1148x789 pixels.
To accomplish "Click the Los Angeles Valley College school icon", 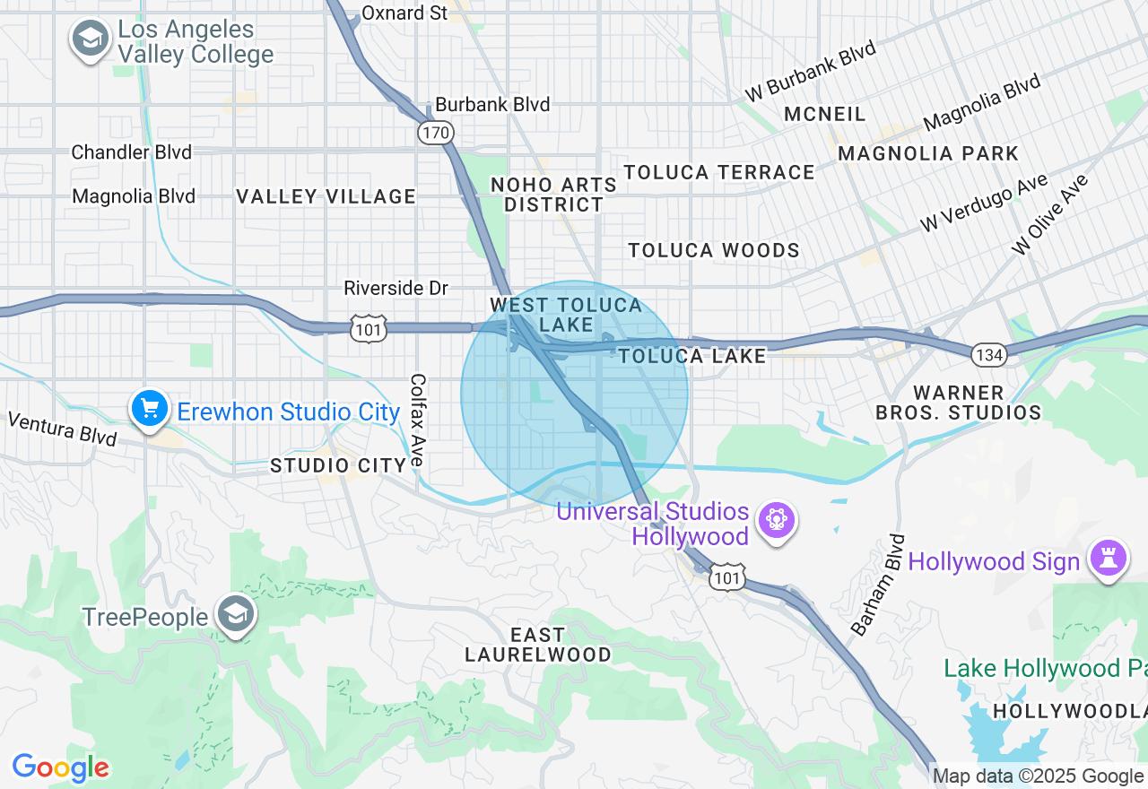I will (90, 39).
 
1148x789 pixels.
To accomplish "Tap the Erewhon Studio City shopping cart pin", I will (150, 409).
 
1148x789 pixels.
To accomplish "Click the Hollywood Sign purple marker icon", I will (1109, 559).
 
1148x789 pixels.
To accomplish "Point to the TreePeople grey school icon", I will (236, 614).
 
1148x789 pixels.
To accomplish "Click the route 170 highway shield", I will (435, 134).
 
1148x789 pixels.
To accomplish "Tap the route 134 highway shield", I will (989, 355).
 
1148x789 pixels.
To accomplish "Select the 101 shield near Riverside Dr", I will (369, 328).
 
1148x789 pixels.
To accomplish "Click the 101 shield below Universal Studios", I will (726, 578).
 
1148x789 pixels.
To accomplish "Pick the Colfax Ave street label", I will (417, 420).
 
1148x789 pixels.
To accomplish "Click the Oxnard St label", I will (404, 13).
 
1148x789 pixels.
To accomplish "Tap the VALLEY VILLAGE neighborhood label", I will (326, 196).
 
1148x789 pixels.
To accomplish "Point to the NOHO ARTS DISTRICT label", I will (553, 195).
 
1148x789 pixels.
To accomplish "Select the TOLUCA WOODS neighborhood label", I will (714, 250).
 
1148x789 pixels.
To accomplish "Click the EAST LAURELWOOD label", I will (538, 645).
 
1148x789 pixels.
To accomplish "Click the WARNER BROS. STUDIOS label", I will (958, 403).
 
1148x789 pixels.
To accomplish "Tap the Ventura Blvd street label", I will (62, 429).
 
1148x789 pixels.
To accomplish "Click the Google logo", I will (60, 767).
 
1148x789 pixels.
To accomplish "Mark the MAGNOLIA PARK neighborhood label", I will (928, 153).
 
